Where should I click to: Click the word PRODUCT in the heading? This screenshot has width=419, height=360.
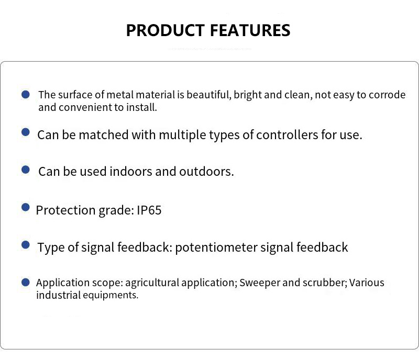(x=166, y=30)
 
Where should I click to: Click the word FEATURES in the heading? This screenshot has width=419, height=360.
(x=250, y=30)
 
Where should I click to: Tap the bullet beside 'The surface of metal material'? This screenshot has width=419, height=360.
(x=26, y=94)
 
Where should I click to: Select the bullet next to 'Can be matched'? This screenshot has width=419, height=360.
(x=26, y=132)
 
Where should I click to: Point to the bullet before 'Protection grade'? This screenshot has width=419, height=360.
(x=26, y=207)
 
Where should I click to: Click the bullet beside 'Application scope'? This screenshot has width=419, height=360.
(x=26, y=282)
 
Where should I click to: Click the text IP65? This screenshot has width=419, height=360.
(x=149, y=210)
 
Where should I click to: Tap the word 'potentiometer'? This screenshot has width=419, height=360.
(x=216, y=248)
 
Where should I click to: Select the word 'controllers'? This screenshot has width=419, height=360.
(x=287, y=135)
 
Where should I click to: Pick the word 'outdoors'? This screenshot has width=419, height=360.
(x=206, y=172)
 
